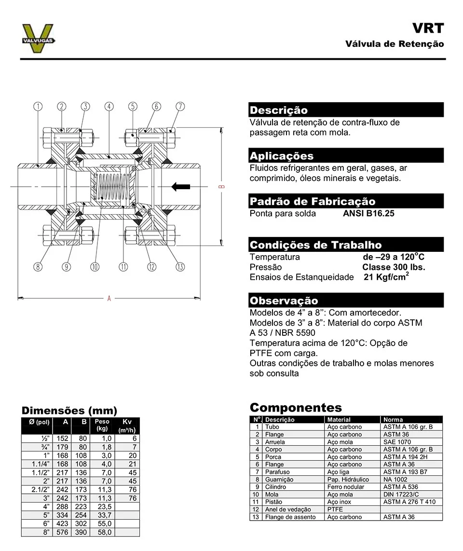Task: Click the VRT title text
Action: point(428,28)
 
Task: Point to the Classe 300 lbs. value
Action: point(394,267)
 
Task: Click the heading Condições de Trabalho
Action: point(315,245)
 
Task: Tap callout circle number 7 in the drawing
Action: point(180,107)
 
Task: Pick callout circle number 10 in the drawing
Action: point(95,266)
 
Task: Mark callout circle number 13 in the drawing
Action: point(180,266)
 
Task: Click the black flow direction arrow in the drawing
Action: point(181,186)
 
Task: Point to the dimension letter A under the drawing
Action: point(109,299)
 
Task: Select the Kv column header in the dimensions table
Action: point(127,422)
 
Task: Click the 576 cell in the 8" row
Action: point(63,532)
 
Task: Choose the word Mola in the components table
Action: point(272,495)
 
